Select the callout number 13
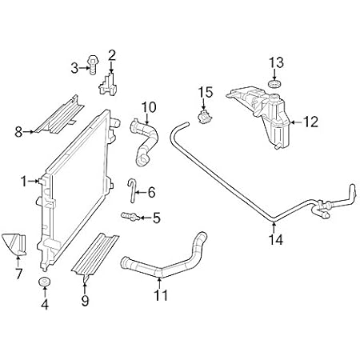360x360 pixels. coord(275,62)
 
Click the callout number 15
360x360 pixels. coord(205,93)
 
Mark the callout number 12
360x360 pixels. coord(311,122)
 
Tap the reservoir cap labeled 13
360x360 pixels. coord(274,83)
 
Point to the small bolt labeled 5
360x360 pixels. coord(126,216)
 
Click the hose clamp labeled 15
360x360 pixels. coord(206,116)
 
